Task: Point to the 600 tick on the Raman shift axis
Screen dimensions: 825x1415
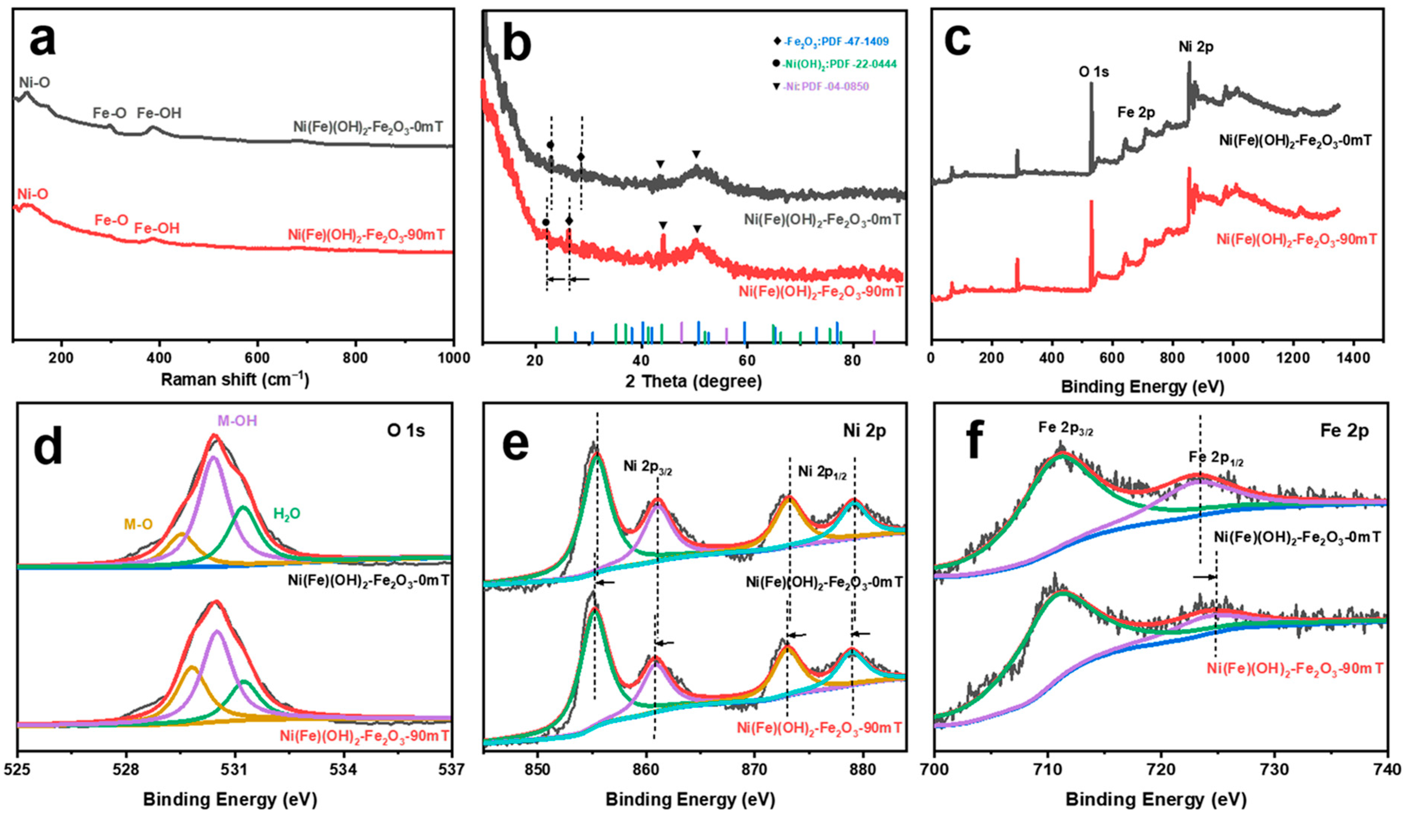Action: coord(257,358)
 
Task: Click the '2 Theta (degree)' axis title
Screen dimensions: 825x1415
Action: coord(694,382)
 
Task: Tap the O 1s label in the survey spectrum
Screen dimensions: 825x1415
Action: coord(1093,72)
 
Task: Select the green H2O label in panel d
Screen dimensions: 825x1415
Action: coord(286,514)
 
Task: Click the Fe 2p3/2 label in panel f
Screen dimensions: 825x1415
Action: coord(1065,429)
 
